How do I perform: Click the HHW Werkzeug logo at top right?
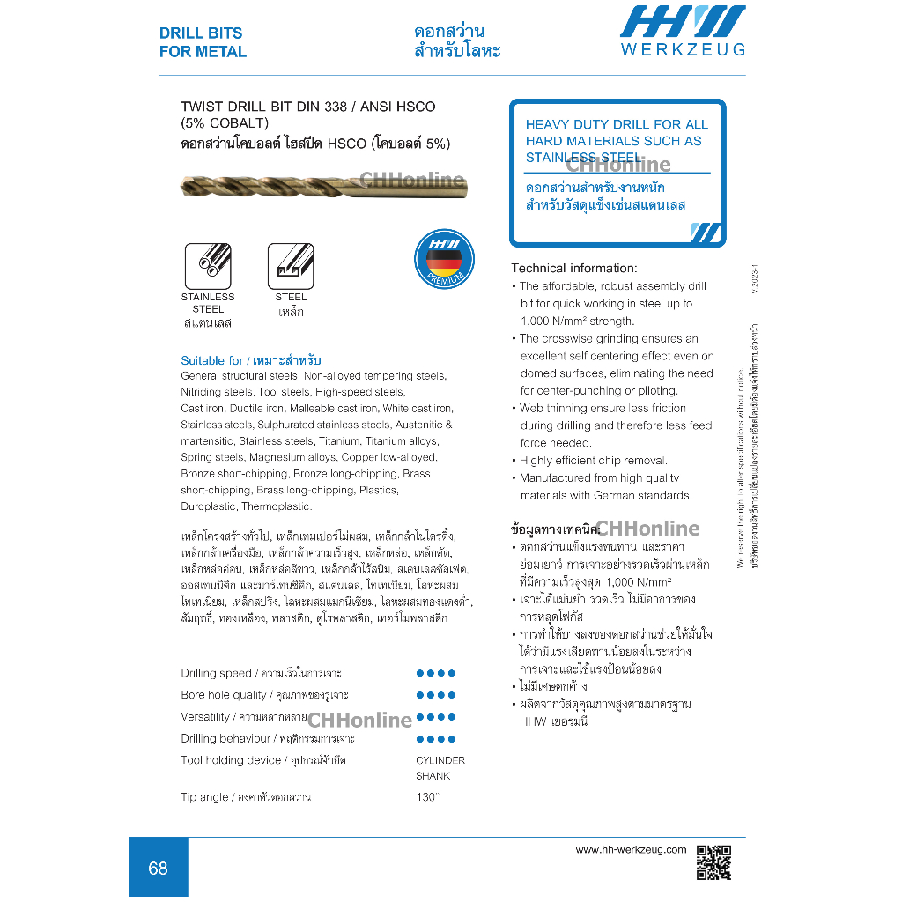coord(683,31)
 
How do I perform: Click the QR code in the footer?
coord(713,862)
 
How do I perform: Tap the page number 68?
coord(158,869)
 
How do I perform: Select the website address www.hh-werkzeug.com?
coord(630,850)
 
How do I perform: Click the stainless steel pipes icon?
coord(208,265)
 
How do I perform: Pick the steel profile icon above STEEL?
coord(291,265)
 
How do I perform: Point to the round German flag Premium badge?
coord(444,259)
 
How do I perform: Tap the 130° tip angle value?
coord(427,797)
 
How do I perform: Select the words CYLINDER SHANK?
coord(440,768)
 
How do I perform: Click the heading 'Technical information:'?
coord(573,268)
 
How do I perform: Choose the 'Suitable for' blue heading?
coord(212,360)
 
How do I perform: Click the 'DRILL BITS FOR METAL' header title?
coord(203,42)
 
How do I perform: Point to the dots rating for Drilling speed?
coord(435,673)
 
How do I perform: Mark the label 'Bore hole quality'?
coord(218,695)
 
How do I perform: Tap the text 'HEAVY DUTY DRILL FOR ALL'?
coord(617,125)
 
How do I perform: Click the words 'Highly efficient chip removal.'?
coord(593,461)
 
